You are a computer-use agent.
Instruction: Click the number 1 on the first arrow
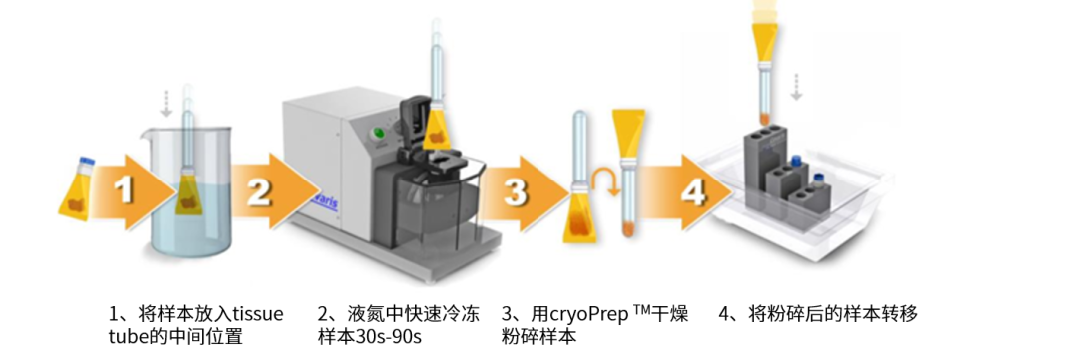pyautogui.click(x=124, y=190)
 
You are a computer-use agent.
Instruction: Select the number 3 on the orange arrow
pyautogui.click(x=516, y=193)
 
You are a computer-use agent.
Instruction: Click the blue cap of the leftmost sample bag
pyautogui.click(x=87, y=163)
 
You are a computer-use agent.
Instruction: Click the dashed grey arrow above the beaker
pyautogui.click(x=165, y=103)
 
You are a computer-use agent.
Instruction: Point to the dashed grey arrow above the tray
pyautogui.click(x=796, y=86)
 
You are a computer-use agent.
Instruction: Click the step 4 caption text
pyautogui.click(x=818, y=315)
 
